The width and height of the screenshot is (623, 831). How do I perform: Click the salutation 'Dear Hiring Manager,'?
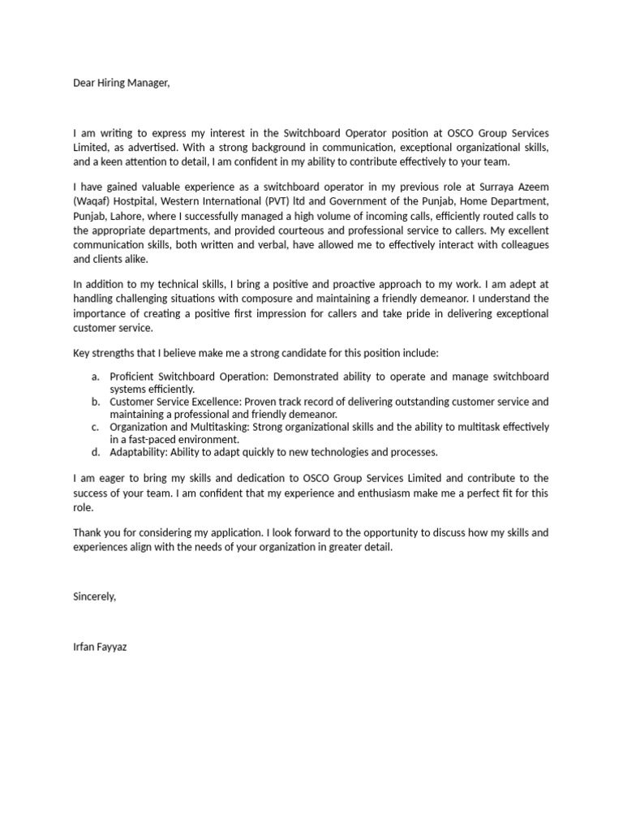coord(122,83)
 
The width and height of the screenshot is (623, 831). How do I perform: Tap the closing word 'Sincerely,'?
coord(95,596)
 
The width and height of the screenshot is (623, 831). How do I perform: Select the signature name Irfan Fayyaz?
coord(100,648)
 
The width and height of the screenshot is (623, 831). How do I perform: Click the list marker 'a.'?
coord(96,377)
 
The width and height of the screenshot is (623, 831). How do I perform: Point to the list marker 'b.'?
coord(96,402)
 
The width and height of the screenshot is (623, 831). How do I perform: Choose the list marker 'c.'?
coord(96,427)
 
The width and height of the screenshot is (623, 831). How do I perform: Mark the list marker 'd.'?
coord(96,452)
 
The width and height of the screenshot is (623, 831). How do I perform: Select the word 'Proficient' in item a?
coord(133,377)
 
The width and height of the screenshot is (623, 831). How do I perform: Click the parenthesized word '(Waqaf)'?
coord(91,200)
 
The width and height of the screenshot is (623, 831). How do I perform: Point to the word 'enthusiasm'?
coord(411,493)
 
